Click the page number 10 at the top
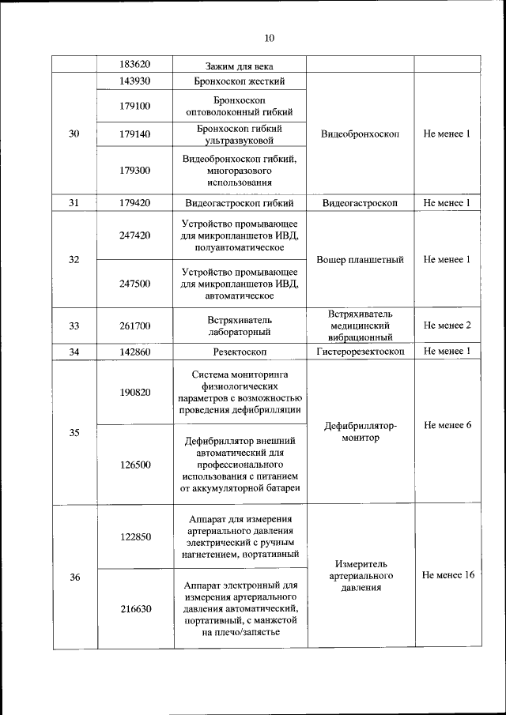[268, 38]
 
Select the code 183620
[135, 65]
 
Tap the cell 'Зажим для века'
[239, 65]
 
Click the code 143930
[135, 81]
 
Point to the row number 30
[74, 134]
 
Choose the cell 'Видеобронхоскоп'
[360, 134]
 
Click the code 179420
[135, 203]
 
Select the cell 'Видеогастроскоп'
[360, 203]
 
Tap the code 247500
[135, 284]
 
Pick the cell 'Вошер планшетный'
[360, 259]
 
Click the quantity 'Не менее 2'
[447, 325]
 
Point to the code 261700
[135, 325]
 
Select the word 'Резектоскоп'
[239, 352]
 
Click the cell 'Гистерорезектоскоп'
[360, 352]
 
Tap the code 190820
[135, 392]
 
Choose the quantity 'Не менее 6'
[447, 425]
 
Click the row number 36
[74, 577]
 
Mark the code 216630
[135, 609]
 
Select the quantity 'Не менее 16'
[448, 575]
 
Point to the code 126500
[135, 465]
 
